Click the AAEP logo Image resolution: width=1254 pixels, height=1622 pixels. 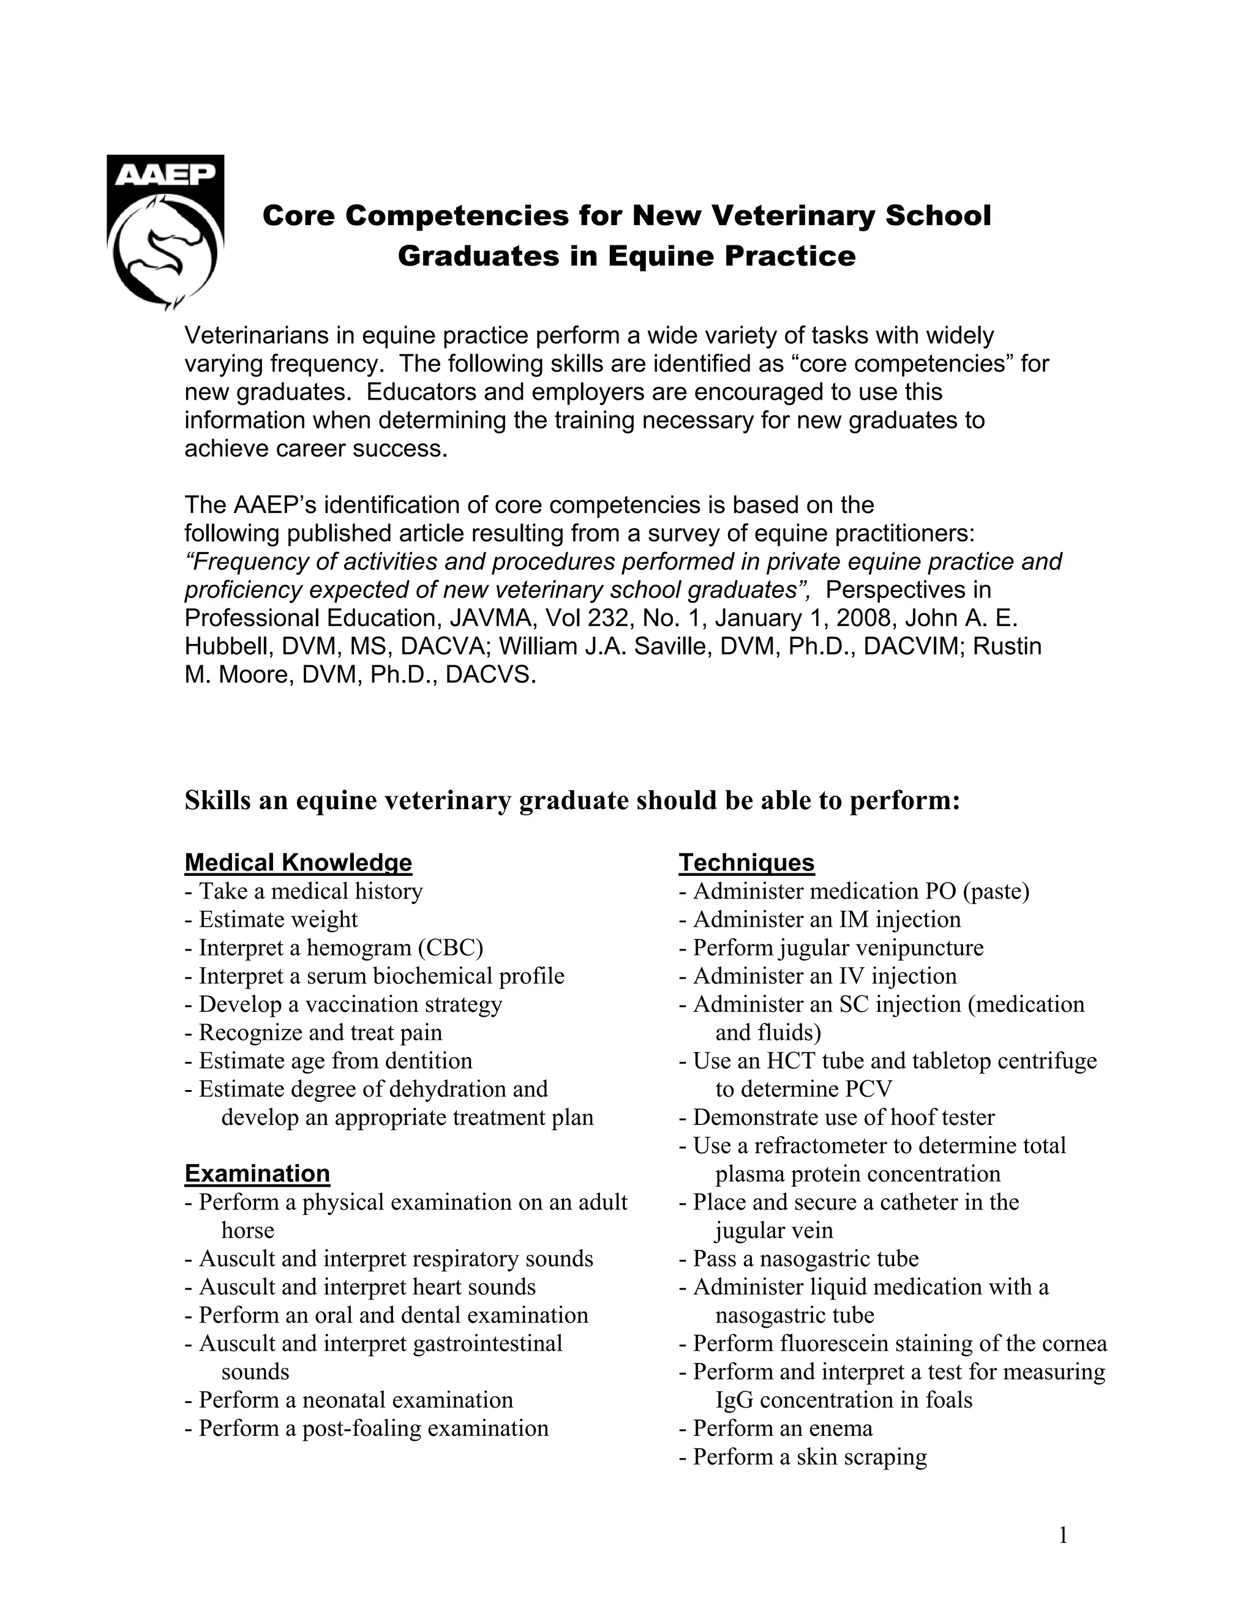pyautogui.click(x=165, y=232)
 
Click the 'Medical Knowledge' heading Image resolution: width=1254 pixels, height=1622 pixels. pyautogui.click(x=298, y=862)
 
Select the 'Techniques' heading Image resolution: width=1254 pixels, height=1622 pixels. pyautogui.click(x=746, y=862)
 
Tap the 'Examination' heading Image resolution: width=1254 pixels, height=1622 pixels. pyautogui.click(x=257, y=1173)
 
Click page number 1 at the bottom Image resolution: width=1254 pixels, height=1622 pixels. pyautogui.click(x=1063, y=1535)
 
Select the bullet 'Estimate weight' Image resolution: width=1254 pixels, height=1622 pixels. pyautogui.click(x=277, y=919)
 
